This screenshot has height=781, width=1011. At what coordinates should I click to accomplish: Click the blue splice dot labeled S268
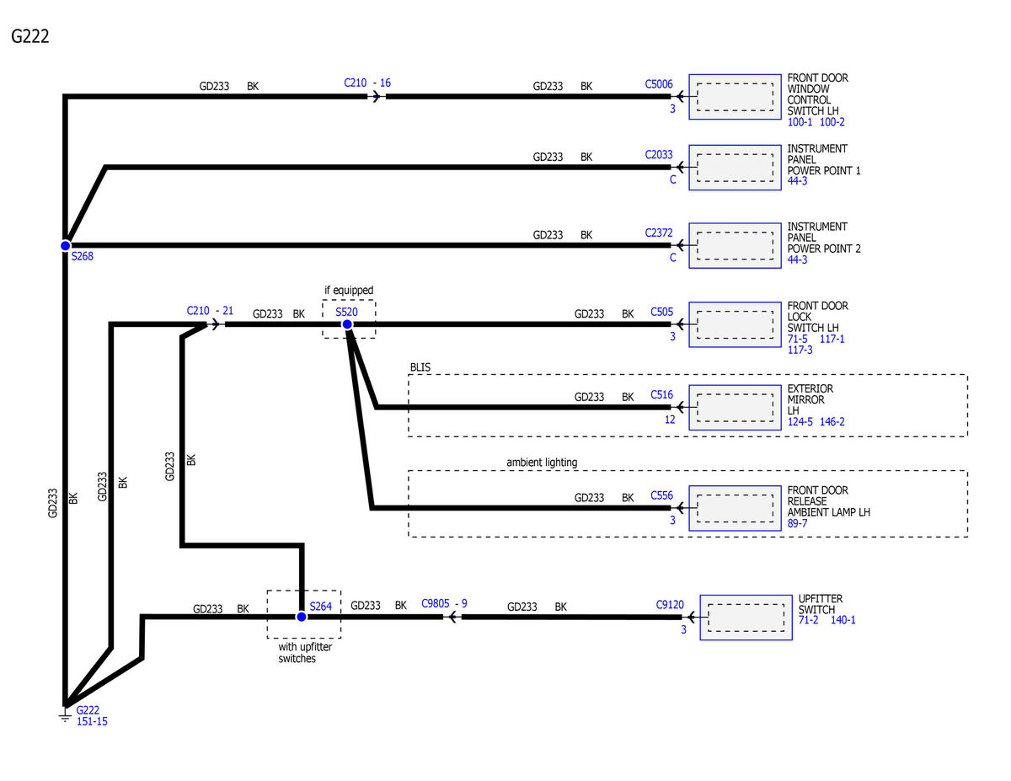point(66,245)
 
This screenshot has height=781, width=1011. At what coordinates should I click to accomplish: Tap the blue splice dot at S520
point(347,324)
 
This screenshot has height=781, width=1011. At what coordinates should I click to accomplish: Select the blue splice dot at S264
point(302,617)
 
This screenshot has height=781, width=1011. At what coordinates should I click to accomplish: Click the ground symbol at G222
point(65,715)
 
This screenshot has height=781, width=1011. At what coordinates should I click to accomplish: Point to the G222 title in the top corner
point(29,36)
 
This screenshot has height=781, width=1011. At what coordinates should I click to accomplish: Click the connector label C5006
point(658,84)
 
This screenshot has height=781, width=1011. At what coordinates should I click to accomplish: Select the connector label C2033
point(658,154)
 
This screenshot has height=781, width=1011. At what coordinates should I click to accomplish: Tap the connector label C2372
point(658,233)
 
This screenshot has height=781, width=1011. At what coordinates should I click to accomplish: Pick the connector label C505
point(661,312)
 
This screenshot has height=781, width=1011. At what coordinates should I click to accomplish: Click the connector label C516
point(661,395)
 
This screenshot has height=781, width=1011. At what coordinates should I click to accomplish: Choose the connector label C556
point(661,495)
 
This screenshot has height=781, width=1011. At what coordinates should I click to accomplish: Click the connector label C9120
point(670,605)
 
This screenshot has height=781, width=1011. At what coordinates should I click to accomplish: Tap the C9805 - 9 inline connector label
point(444,604)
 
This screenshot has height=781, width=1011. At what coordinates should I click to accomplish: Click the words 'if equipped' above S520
point(349,291)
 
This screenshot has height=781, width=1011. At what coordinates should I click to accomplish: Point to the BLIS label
point(420,367)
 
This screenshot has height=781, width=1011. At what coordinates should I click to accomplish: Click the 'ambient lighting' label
point(542,463)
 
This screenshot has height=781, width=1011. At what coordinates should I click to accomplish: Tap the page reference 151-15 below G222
point(92,721)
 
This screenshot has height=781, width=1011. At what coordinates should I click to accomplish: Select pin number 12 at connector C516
point(670,420)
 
